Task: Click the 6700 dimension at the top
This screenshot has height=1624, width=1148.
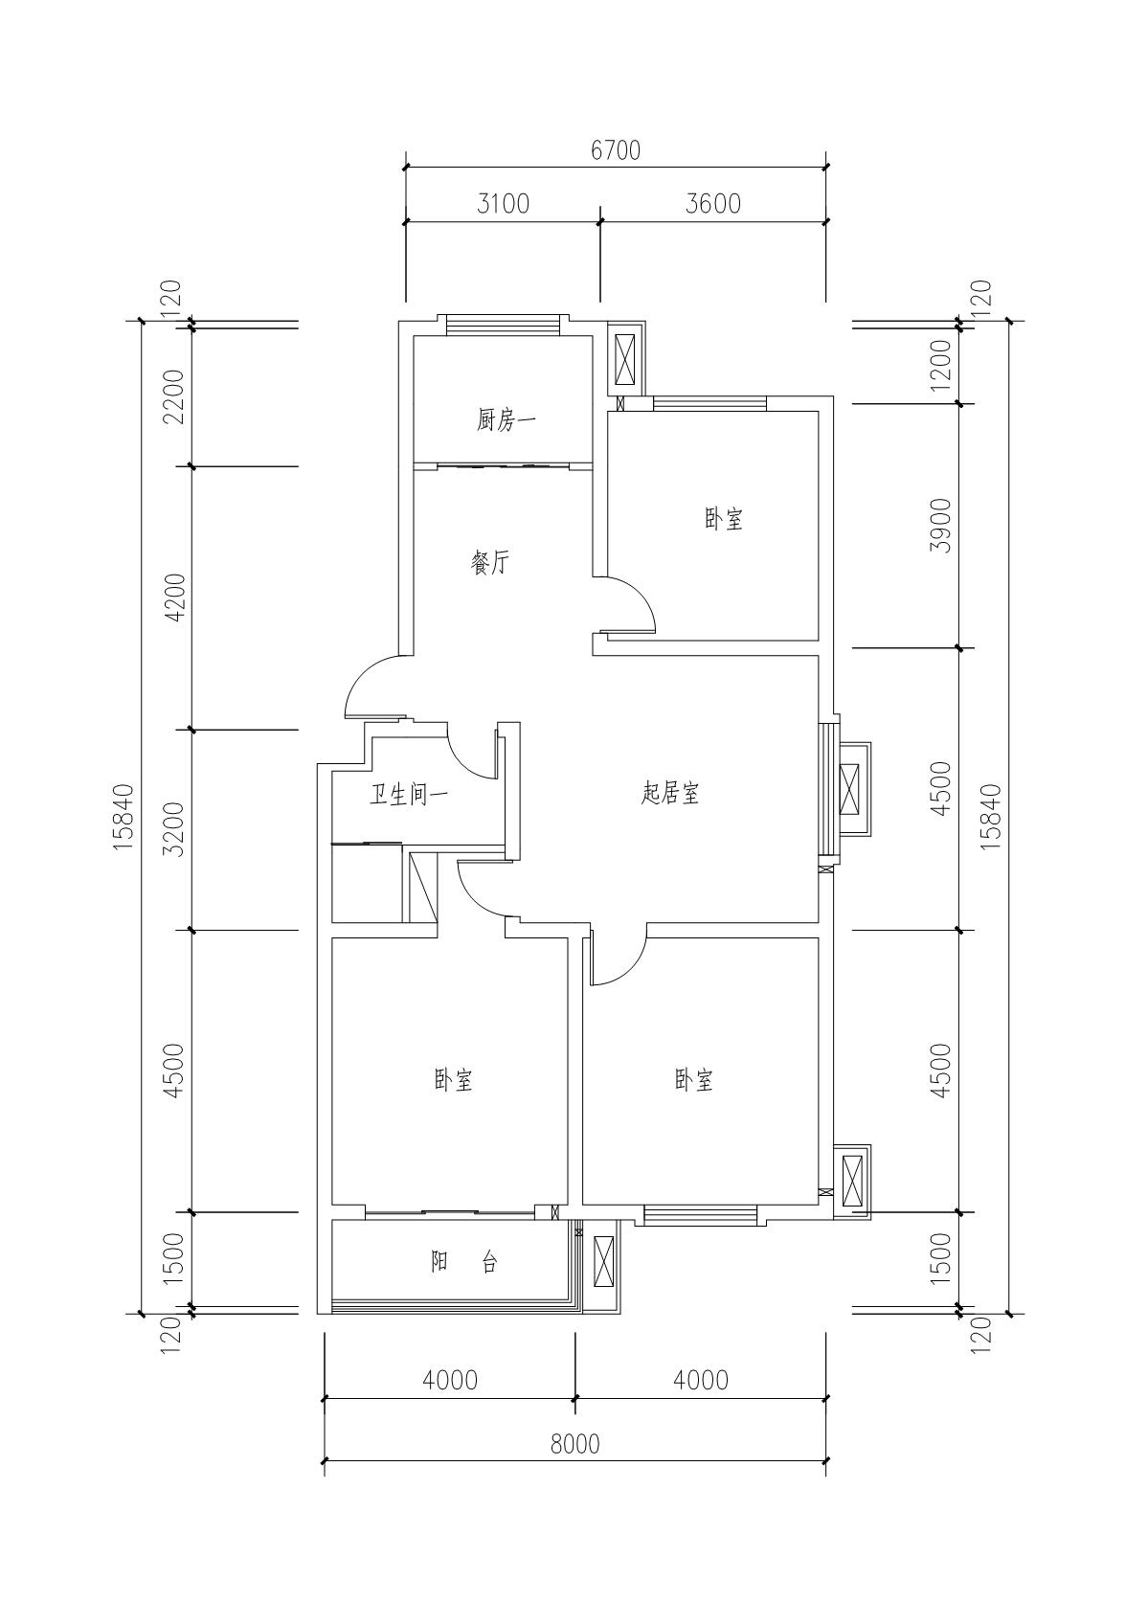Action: (x=616, y=150)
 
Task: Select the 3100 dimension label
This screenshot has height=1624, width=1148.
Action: (x=503, y=204)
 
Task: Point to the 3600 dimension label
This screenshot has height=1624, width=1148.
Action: (x=713, y=204)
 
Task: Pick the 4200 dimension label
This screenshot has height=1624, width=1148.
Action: (x=174, y=598)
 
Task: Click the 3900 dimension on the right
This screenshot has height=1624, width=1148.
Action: (x=941, y=525)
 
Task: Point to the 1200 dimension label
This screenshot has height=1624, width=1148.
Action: (x=941, y=365)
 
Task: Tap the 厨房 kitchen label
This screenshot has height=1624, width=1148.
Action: (x=506, y=419)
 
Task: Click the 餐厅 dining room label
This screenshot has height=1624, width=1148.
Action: (x=490, y=563)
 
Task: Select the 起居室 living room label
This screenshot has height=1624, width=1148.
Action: (x=670, y=793)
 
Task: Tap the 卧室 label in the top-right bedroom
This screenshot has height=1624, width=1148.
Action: (x=724, y=519)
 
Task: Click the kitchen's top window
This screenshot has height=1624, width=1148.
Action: (x=503, y=325)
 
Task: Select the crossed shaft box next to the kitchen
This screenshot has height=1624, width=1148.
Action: (x=624, y=359)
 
